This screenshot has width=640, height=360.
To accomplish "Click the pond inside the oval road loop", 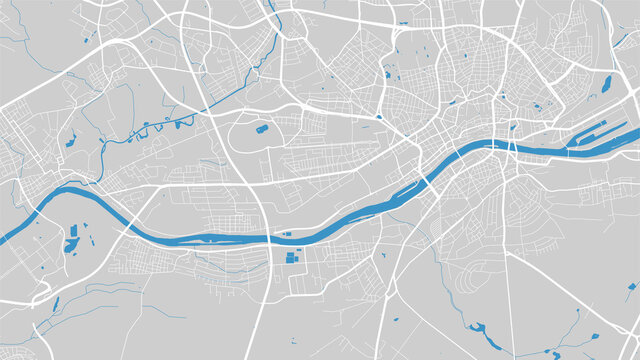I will tap(262, 128).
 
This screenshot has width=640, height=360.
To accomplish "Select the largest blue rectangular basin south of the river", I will tap(292, 257).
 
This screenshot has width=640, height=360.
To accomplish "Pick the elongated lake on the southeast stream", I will tap(479, 329).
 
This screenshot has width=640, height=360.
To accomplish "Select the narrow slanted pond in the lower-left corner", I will tap(56, 304).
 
